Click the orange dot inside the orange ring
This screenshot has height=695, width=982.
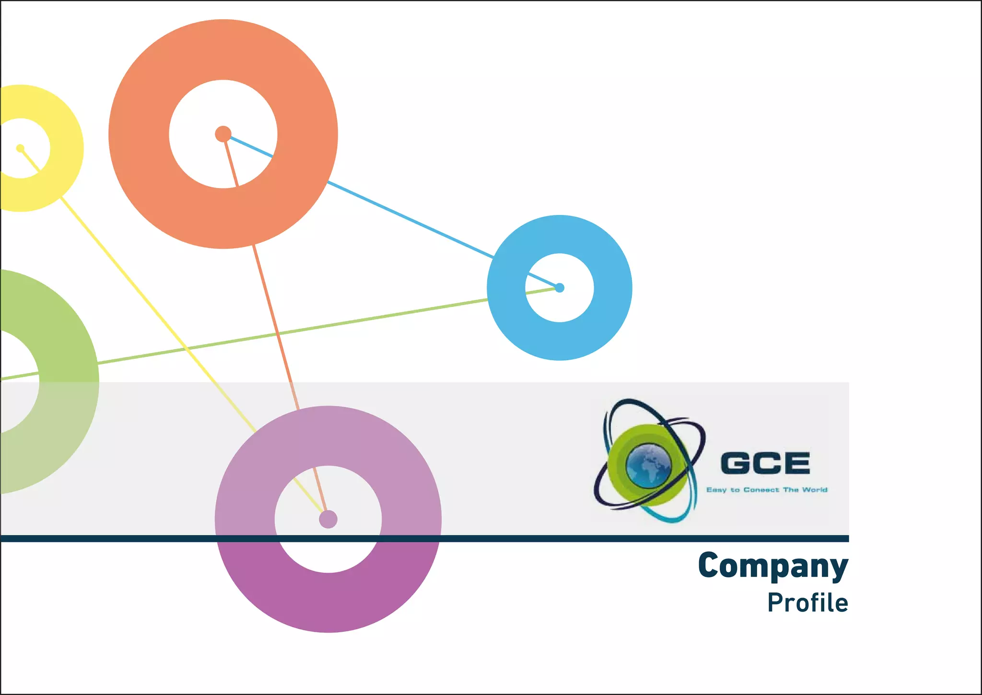223,134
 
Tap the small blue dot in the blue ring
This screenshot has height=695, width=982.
560,288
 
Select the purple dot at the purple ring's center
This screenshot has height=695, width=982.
328,519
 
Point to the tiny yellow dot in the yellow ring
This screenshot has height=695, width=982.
20,148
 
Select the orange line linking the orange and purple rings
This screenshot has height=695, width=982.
276,326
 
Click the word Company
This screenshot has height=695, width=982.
773,566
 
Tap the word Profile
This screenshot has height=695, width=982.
807,603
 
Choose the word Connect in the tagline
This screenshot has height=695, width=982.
761,490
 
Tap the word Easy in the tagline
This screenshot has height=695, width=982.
716,490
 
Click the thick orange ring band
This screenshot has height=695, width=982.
139,134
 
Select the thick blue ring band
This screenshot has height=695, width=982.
613,288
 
